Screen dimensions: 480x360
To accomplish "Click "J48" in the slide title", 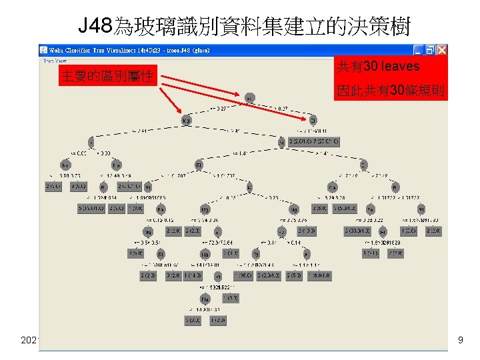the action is pos(95,27).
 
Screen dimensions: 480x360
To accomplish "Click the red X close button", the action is pos(442,50).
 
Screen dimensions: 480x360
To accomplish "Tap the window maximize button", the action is pos(430,50).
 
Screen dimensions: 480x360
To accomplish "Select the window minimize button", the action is pos(418,50).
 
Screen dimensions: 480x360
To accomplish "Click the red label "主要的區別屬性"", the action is pos(107,76).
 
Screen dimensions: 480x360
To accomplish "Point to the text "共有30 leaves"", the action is pos(378,67).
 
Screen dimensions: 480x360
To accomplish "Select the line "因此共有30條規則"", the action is pos(389,91).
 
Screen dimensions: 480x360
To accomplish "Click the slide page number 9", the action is pos(460,341).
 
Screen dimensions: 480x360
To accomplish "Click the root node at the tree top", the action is pos(249,98).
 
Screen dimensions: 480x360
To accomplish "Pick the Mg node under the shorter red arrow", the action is pos(187,121).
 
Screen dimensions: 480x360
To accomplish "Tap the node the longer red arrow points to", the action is pos(313,121).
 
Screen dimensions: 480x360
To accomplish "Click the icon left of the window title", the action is pos(44,50).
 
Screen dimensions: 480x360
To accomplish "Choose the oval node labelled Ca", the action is pos(333,187).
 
